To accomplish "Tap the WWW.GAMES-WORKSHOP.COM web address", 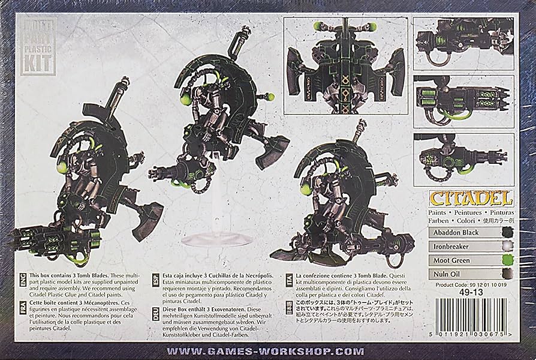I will tap(268, 349).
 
